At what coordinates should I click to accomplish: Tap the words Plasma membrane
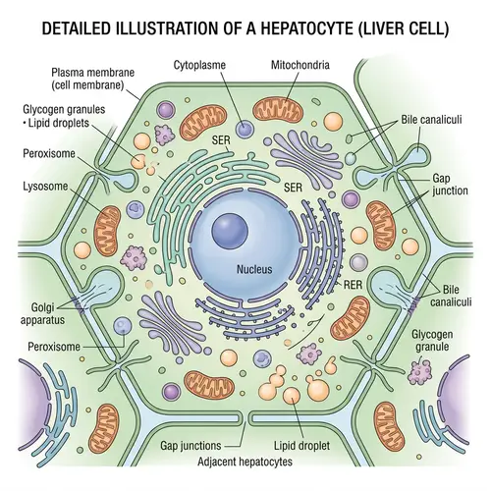coord(88,74)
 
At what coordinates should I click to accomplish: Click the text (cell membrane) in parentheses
coord(88,86)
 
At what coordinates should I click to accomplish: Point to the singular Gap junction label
coord(443,188)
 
